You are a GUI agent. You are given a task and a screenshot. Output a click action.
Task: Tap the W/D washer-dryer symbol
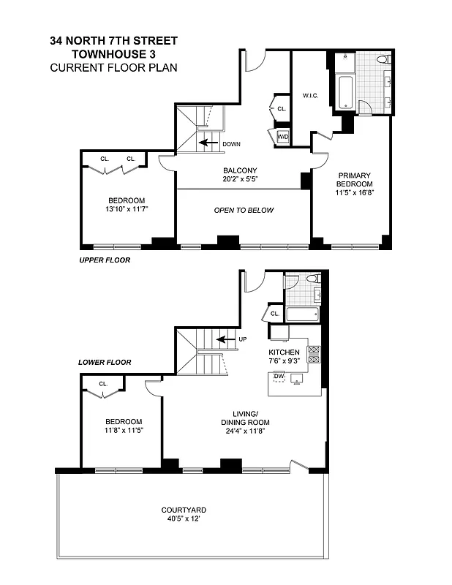(x=282, y=135)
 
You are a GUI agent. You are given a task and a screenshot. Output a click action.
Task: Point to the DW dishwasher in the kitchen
(x=278, y=377)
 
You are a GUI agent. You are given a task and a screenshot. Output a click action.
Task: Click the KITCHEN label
(x=284, y=352)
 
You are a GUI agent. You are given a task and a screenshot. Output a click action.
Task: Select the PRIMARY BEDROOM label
(x=354, y=180)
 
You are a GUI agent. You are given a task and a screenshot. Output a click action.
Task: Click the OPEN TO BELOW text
(x=244, y=211)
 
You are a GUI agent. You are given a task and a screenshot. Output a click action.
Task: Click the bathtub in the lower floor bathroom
(x=301, y=315)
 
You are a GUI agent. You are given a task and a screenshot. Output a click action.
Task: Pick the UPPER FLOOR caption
(x=104, y=260)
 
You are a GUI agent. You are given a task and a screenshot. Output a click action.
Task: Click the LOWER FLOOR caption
(x=104, y=362)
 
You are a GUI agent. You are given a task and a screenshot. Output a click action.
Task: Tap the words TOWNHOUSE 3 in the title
(x=113, y=54)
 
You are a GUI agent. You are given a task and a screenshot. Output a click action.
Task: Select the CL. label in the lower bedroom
(x=103, y=383)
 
